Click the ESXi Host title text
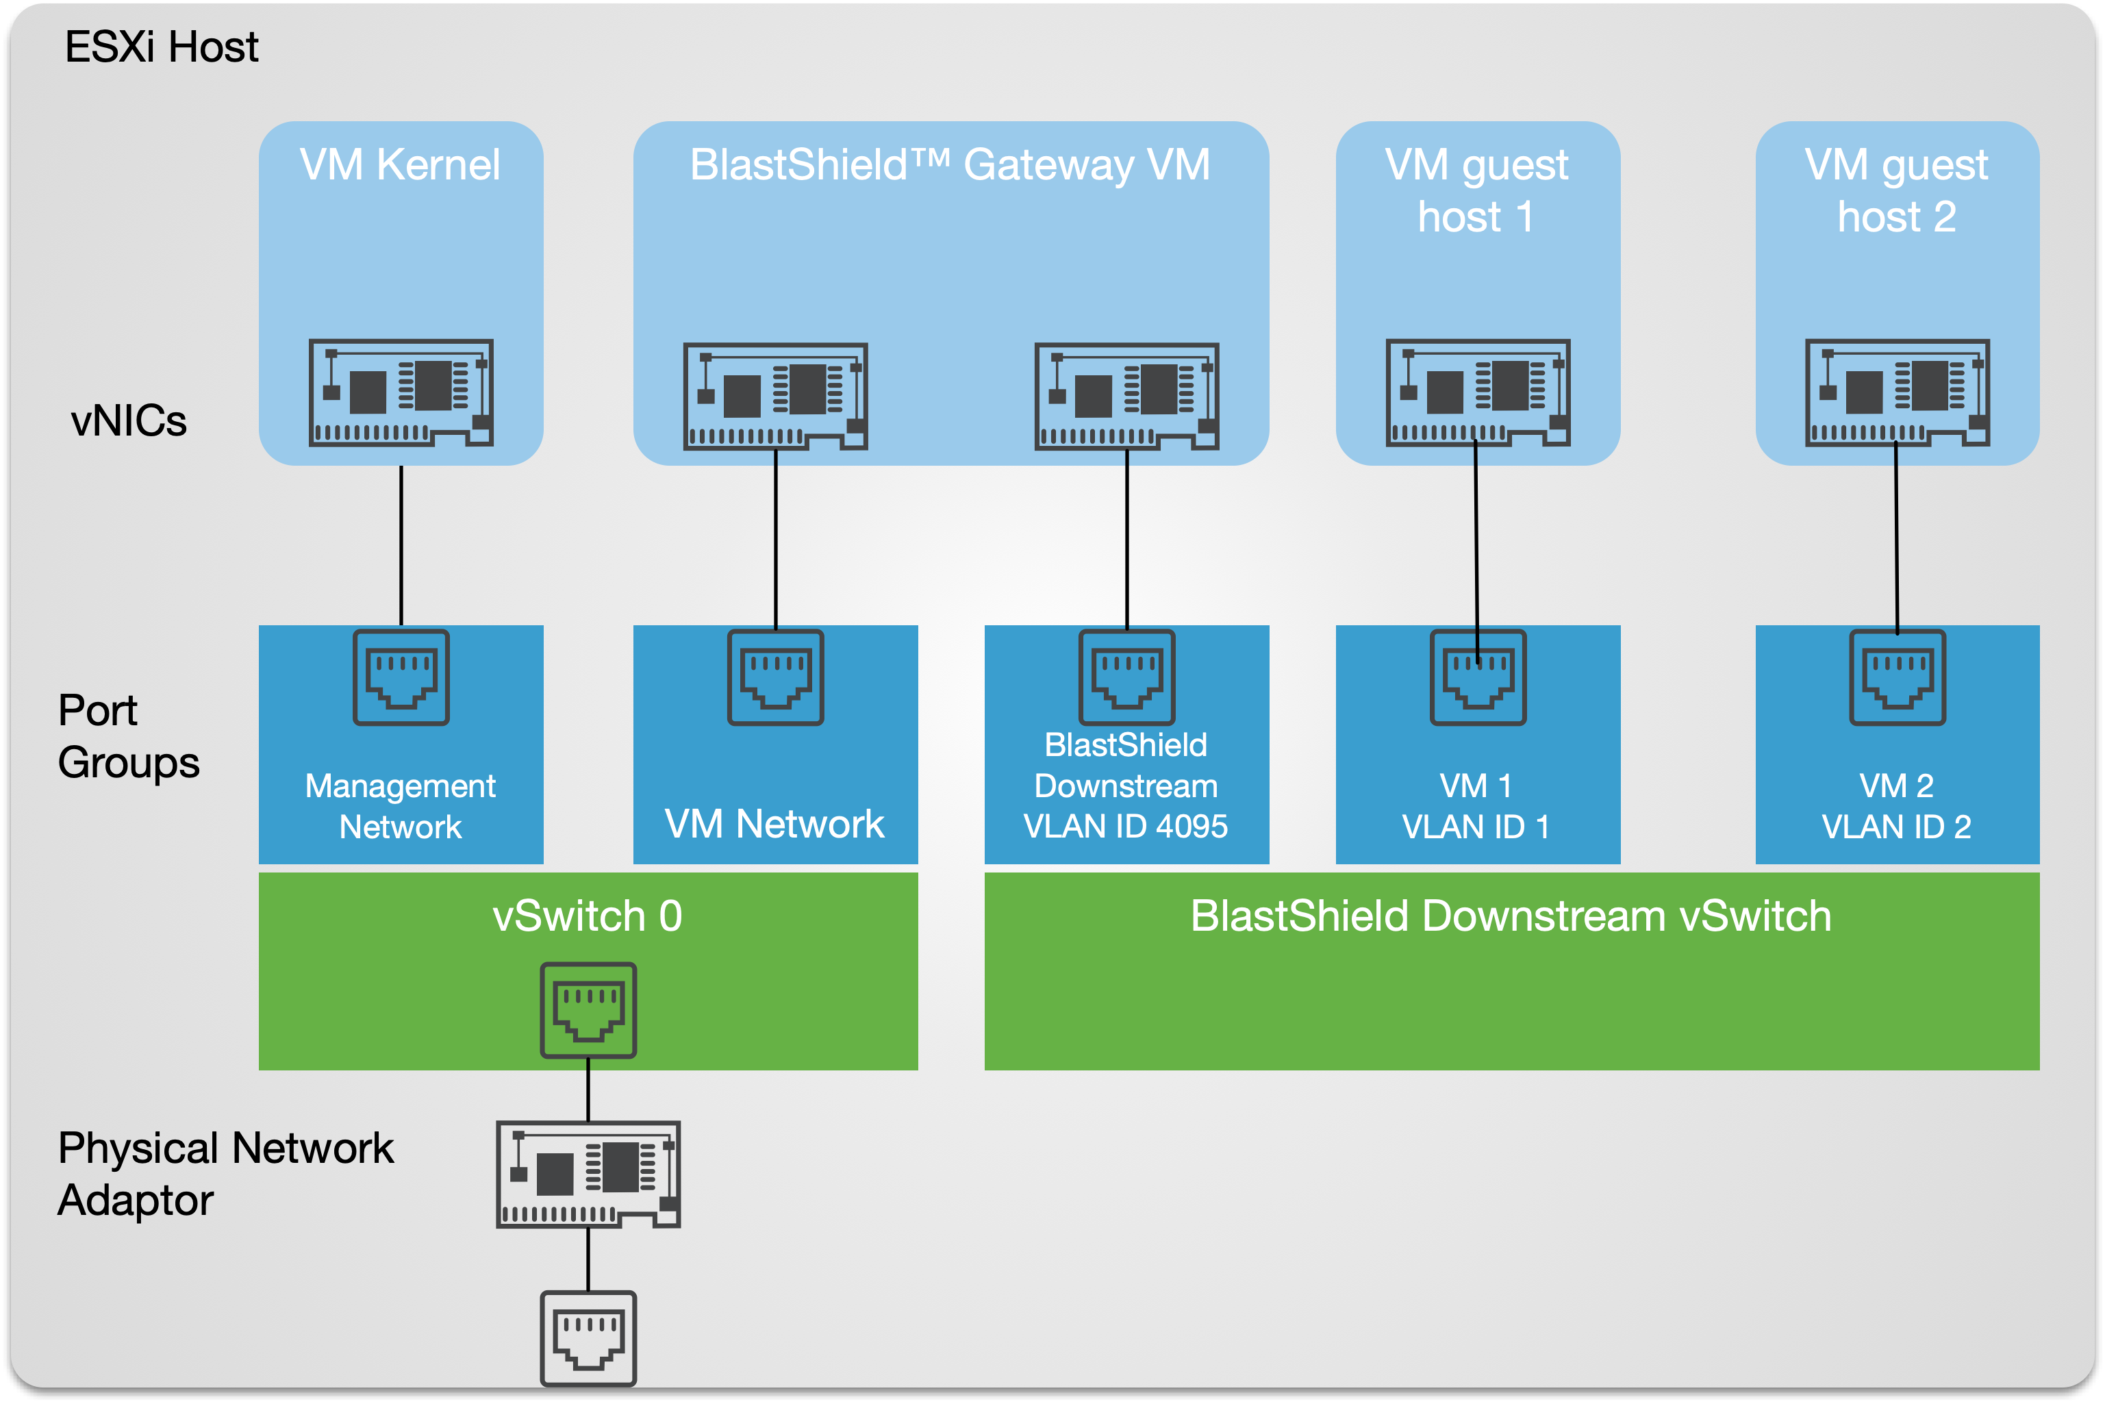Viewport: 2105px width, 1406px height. pos(162,47)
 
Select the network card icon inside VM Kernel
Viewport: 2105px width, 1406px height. pos(401,392)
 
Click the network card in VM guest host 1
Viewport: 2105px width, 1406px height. pos(1478,392)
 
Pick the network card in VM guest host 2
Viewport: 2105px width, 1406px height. pos(1897,392)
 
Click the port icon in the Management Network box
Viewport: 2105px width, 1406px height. pos(401,677)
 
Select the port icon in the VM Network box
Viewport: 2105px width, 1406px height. pos(775,677)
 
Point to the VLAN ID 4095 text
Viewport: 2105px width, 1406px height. pos(1126,826)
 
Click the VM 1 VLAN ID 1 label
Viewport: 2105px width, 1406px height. pos(1476,805)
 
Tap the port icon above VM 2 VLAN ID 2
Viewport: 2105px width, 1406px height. pos(1897,677)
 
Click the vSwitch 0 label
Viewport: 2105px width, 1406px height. pos(588,916)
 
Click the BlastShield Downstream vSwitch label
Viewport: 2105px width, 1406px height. pos(1511,916)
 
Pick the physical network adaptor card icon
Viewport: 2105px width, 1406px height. pos(588,1173)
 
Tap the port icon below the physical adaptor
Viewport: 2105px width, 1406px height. pos(588,1338)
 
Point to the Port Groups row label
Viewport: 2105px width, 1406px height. pos(128,736)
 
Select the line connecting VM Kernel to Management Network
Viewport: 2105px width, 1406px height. pos(401,545)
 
